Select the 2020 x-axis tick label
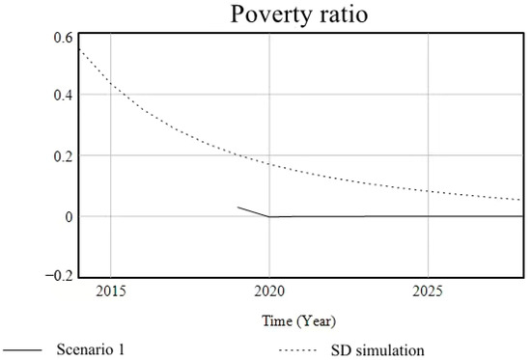pos(269,291)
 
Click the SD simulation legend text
pos(392,349)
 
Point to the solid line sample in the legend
pos(25,349)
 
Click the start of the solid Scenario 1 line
pos(238,207)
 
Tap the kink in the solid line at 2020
pos(269,217)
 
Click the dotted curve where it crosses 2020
pos(269,164)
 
